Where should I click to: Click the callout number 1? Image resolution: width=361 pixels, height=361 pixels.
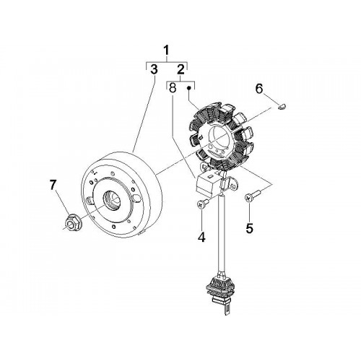pyautogui.click(x=167, y=51)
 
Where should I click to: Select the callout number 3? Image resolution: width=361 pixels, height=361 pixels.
pyautogui.click(x=154, y=69)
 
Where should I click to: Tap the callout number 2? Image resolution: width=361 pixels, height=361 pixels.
pyautogui.click(x=180, y=69)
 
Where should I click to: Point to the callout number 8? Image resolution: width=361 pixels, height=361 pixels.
pyautogui.click(x=173, y=88)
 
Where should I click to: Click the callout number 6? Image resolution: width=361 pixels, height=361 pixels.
pyautogui.click(x=259, y=89)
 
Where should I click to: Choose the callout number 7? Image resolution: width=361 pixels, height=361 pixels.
pyautogui.click(x=53, y=185)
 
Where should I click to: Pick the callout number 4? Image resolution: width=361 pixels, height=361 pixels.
pyautogui.click(x=201, y=237)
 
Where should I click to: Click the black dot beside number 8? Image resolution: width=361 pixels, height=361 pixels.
pyautogui.click(x=189, y=88)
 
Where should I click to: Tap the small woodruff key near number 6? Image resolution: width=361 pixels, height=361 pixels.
pyautogui.click(x=282, y=106)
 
